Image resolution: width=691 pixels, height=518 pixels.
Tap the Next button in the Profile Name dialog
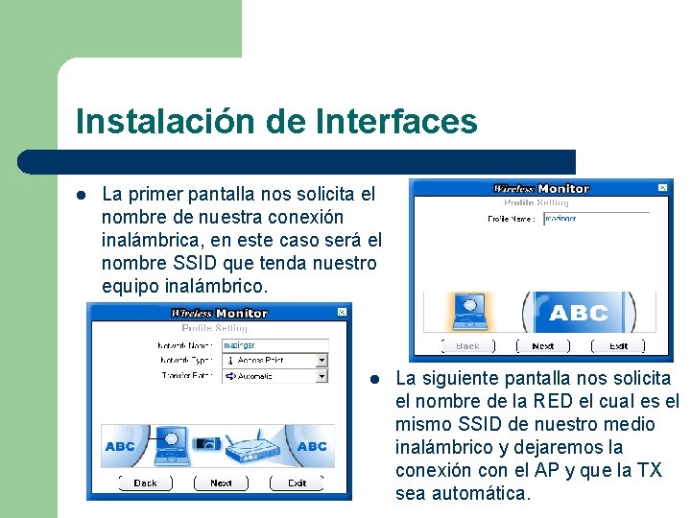tap(543, 346)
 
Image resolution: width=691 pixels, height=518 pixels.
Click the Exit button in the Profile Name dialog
tap(619, 346)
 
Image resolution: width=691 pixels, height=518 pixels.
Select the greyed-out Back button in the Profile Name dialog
tap(467, 346)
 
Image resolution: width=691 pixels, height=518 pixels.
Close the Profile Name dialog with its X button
tap(661, 188)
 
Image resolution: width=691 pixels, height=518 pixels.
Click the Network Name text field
tap(274, 344)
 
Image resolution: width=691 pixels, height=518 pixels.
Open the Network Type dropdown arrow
tap(322, 361)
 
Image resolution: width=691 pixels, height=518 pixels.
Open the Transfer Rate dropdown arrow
tap(322, 376)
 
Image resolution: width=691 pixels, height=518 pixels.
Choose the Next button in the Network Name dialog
tap(221, 483)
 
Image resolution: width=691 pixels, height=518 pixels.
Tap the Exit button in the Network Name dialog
tap(298, 483)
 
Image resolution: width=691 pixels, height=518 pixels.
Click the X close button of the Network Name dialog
tap(341, 312)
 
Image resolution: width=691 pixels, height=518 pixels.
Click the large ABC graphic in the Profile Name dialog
tap(579, 313)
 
